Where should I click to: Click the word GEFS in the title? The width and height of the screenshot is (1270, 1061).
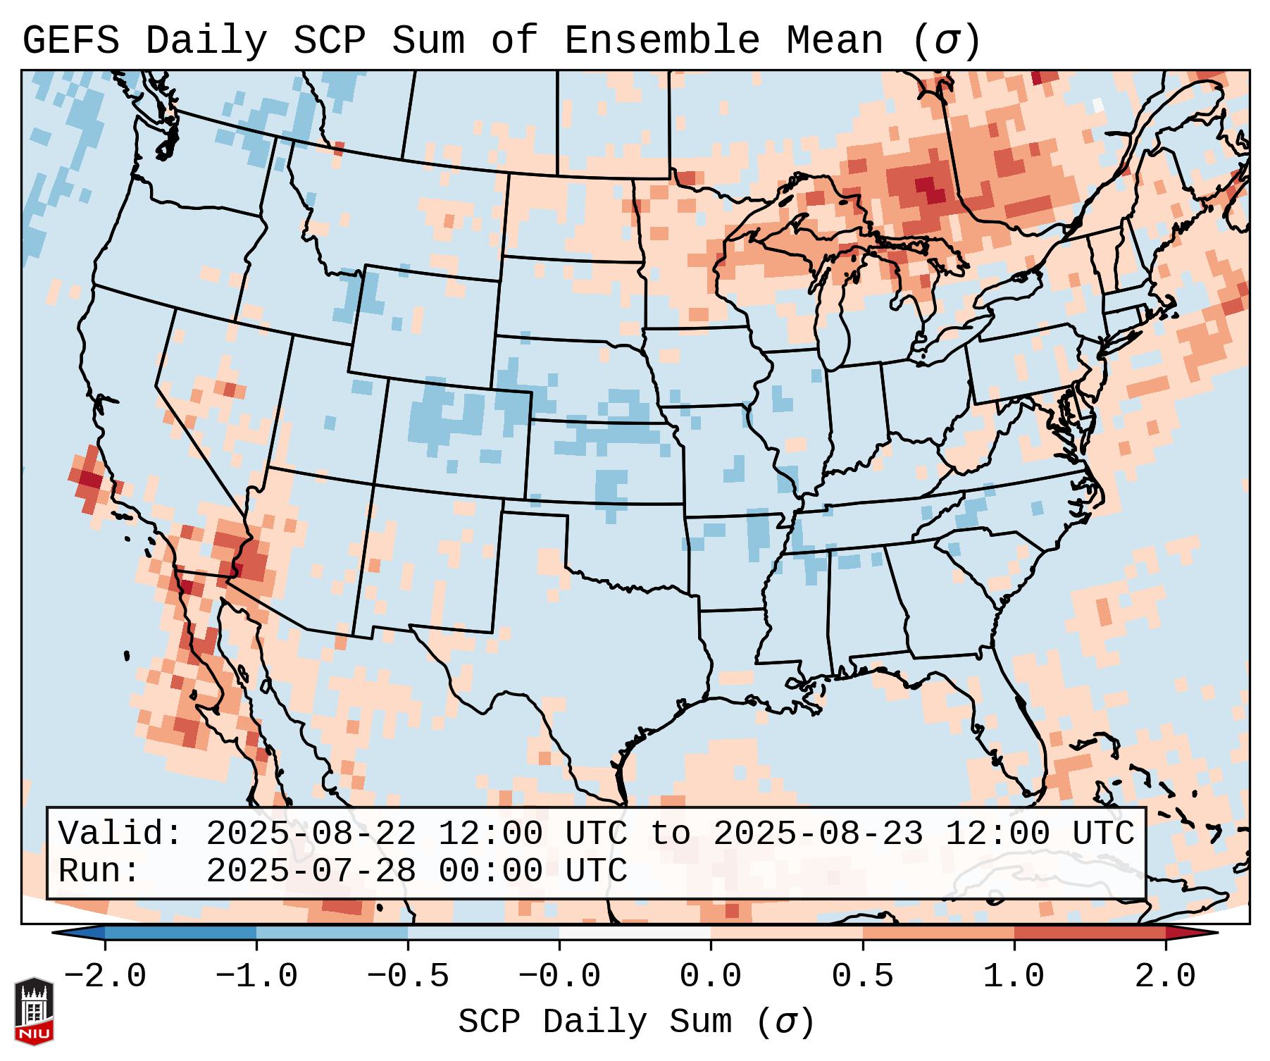click(70, 41)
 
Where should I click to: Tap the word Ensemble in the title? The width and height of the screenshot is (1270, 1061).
click(661, 41)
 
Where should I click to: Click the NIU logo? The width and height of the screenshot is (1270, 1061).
click(34, 1010)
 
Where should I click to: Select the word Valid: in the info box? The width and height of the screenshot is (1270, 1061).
click(120, 834)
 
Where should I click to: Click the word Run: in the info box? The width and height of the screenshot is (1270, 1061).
click(99, 871)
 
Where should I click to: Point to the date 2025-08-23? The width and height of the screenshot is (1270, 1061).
click(818, 834)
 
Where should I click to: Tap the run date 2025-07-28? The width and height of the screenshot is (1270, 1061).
click(311, 871)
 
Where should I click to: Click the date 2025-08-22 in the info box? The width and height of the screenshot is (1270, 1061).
click(311, 834)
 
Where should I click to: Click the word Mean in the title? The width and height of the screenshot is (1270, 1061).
click(835, 41)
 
